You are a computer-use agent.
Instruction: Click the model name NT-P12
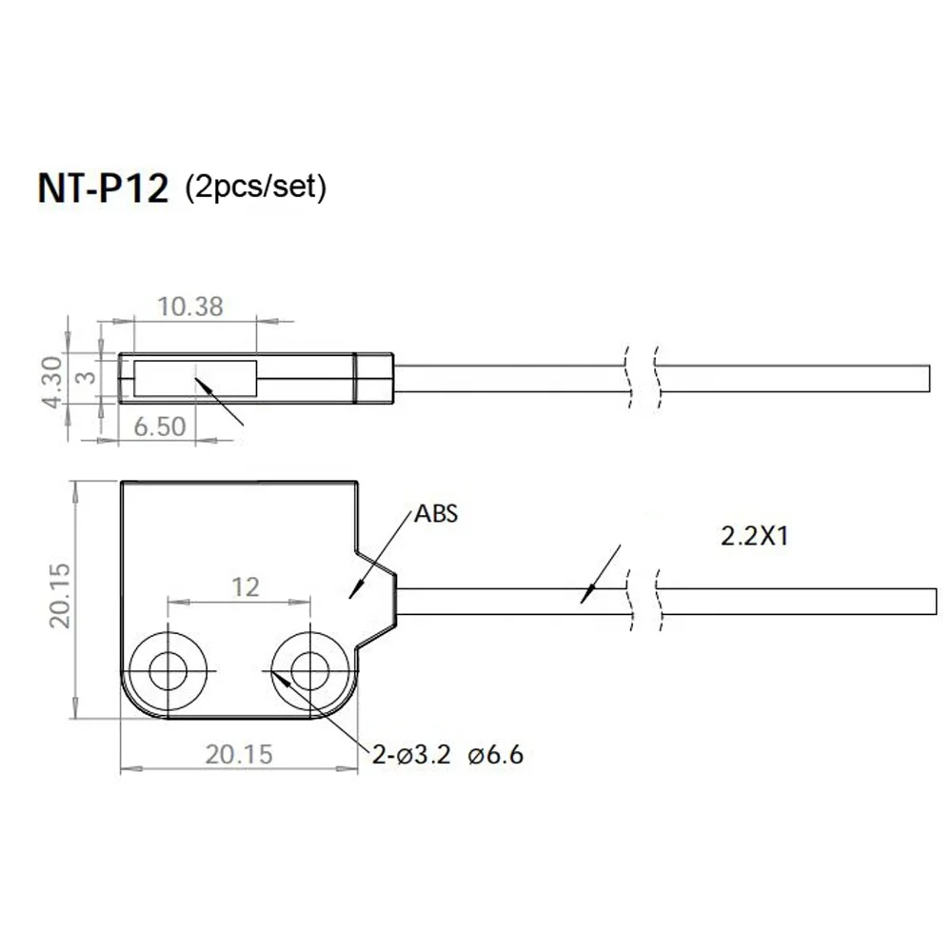102,188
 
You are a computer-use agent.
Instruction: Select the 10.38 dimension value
190,307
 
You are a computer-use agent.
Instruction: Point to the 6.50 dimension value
158,426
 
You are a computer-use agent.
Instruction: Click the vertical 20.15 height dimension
59,595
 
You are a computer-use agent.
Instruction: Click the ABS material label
436,514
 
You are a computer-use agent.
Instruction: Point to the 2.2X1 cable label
754,536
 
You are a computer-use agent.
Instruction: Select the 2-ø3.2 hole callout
412,756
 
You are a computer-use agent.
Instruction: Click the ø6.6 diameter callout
496,756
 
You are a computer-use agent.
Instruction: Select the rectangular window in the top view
195,379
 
